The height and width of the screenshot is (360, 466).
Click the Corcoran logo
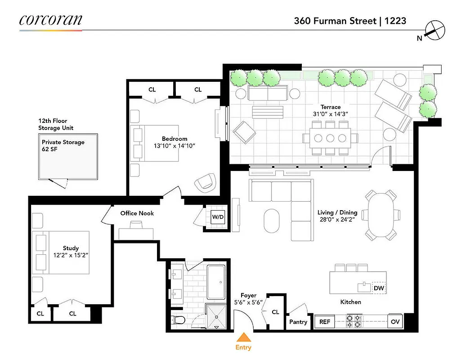[50, 20]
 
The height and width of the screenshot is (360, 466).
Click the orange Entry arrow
[243, 337]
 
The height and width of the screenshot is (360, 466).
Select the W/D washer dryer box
[218, 217]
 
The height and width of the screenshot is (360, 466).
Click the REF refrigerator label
[324, 322]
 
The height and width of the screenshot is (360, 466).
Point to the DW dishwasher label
[379, 288]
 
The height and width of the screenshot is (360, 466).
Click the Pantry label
[298, 322]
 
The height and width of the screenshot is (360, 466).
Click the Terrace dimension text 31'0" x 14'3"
[331, 114]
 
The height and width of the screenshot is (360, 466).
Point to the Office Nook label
[137, 213]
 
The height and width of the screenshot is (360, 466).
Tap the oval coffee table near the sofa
[271, 220]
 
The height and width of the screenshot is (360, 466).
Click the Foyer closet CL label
[275, 312]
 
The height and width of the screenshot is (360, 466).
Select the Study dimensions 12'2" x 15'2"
[71, 255]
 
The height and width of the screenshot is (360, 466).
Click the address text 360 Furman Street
[335, 21]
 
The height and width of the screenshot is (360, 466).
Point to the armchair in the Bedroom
[205, 181]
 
